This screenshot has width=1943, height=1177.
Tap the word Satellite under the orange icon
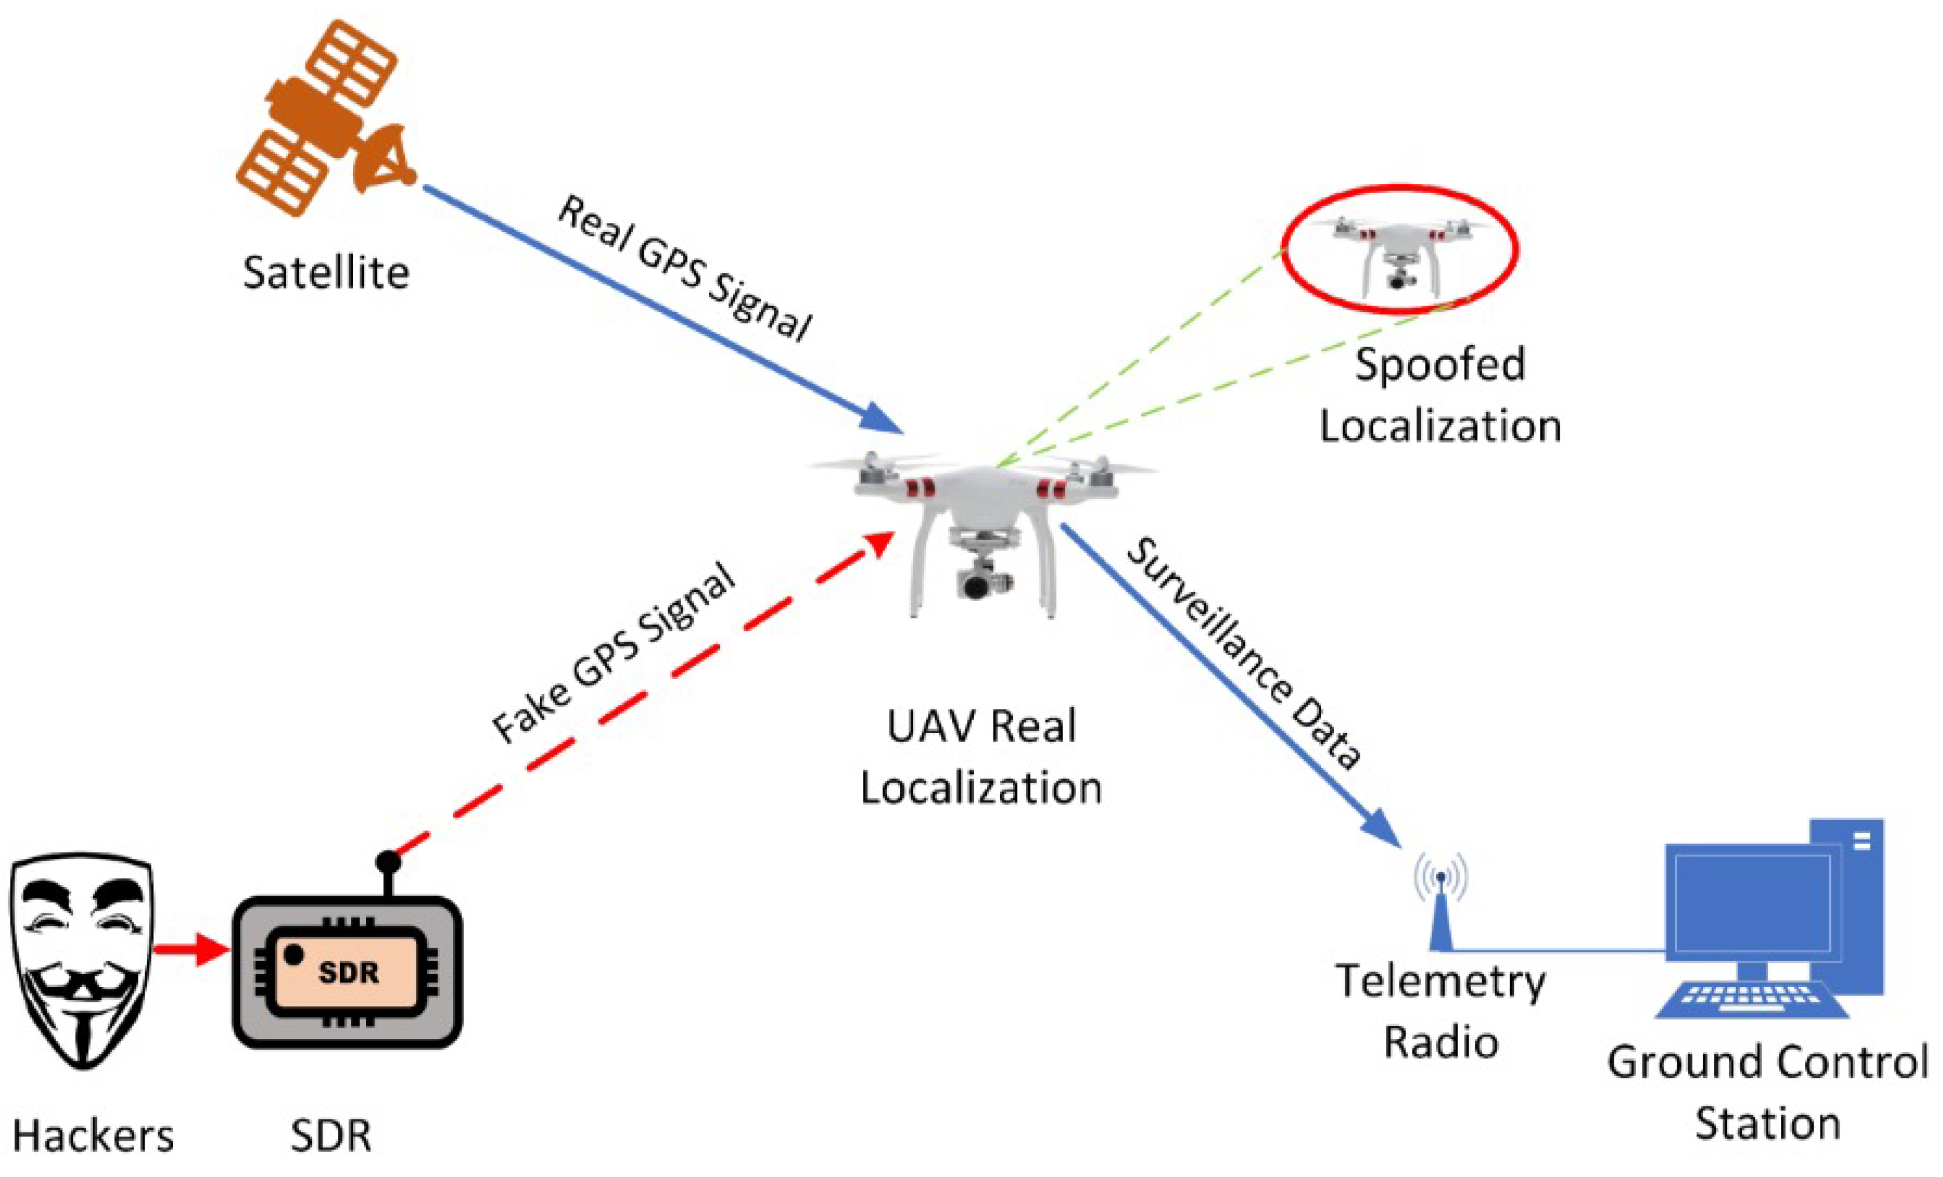325,273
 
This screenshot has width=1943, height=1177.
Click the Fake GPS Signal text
614,653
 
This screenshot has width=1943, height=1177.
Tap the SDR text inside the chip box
348,973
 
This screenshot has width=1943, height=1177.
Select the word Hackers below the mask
93,1137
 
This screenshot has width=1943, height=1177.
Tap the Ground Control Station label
1767,1093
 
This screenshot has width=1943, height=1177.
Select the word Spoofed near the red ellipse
1440,364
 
